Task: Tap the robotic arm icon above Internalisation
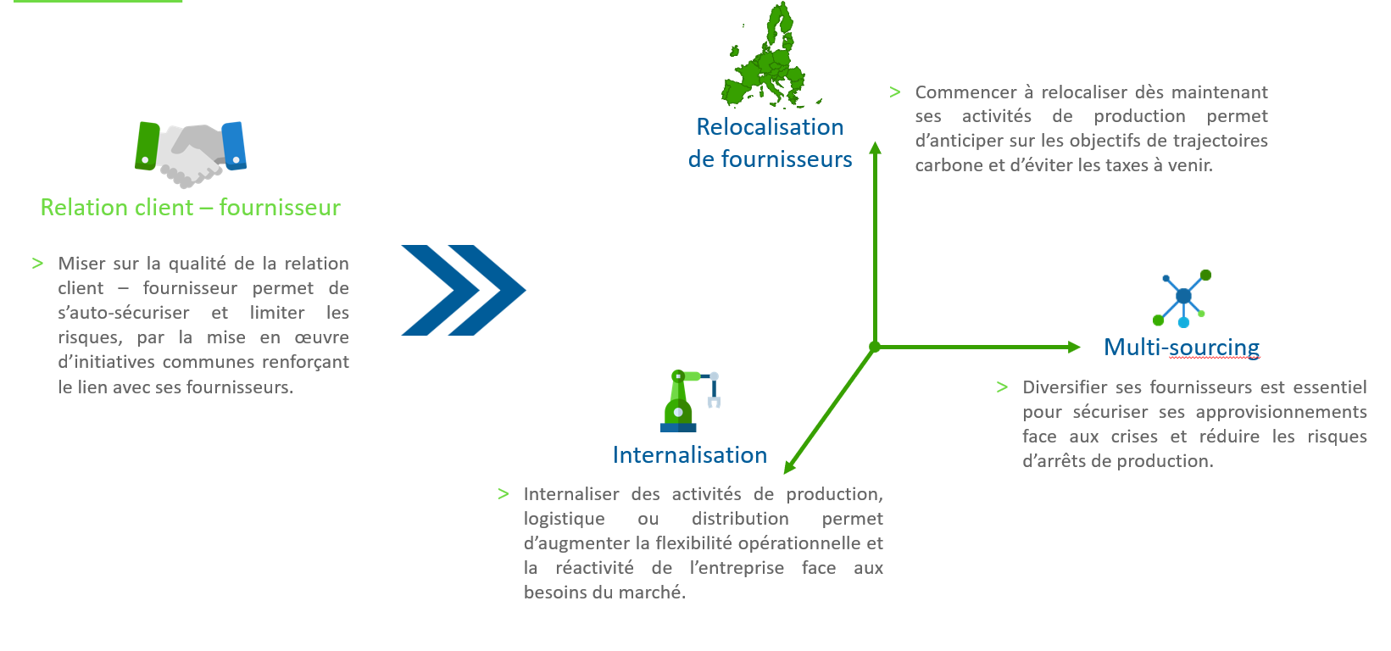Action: [688, 401]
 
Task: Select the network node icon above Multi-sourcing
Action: [1182, 298]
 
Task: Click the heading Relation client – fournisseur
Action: [191, 208]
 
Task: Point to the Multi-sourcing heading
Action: [1181, 348]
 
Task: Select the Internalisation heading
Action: [689, 455]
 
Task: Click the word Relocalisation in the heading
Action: [770, 127]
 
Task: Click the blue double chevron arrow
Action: [463, 290]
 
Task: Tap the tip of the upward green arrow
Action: [876, 147]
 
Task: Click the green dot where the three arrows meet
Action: [875, 347]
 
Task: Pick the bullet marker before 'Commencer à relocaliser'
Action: [894, 92]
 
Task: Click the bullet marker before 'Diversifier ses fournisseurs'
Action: [1002, 387]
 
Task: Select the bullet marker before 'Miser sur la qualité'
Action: [37, 264]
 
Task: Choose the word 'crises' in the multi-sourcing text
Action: [1134, 437]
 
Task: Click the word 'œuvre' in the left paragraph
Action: [321, 337]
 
